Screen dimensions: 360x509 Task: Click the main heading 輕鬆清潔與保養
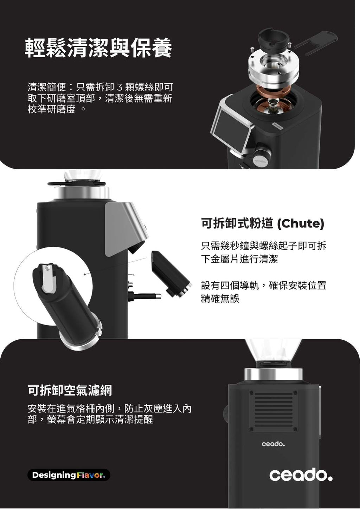[98, 47]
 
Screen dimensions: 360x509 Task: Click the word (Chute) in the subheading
[301, 224]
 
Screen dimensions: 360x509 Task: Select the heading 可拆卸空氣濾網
[70, 390]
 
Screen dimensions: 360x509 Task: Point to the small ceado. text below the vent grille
[273, 444]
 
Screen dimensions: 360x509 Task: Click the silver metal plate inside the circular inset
[49, 278]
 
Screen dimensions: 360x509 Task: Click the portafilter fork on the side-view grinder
[144, 296]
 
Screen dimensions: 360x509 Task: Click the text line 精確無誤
[220, 299]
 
